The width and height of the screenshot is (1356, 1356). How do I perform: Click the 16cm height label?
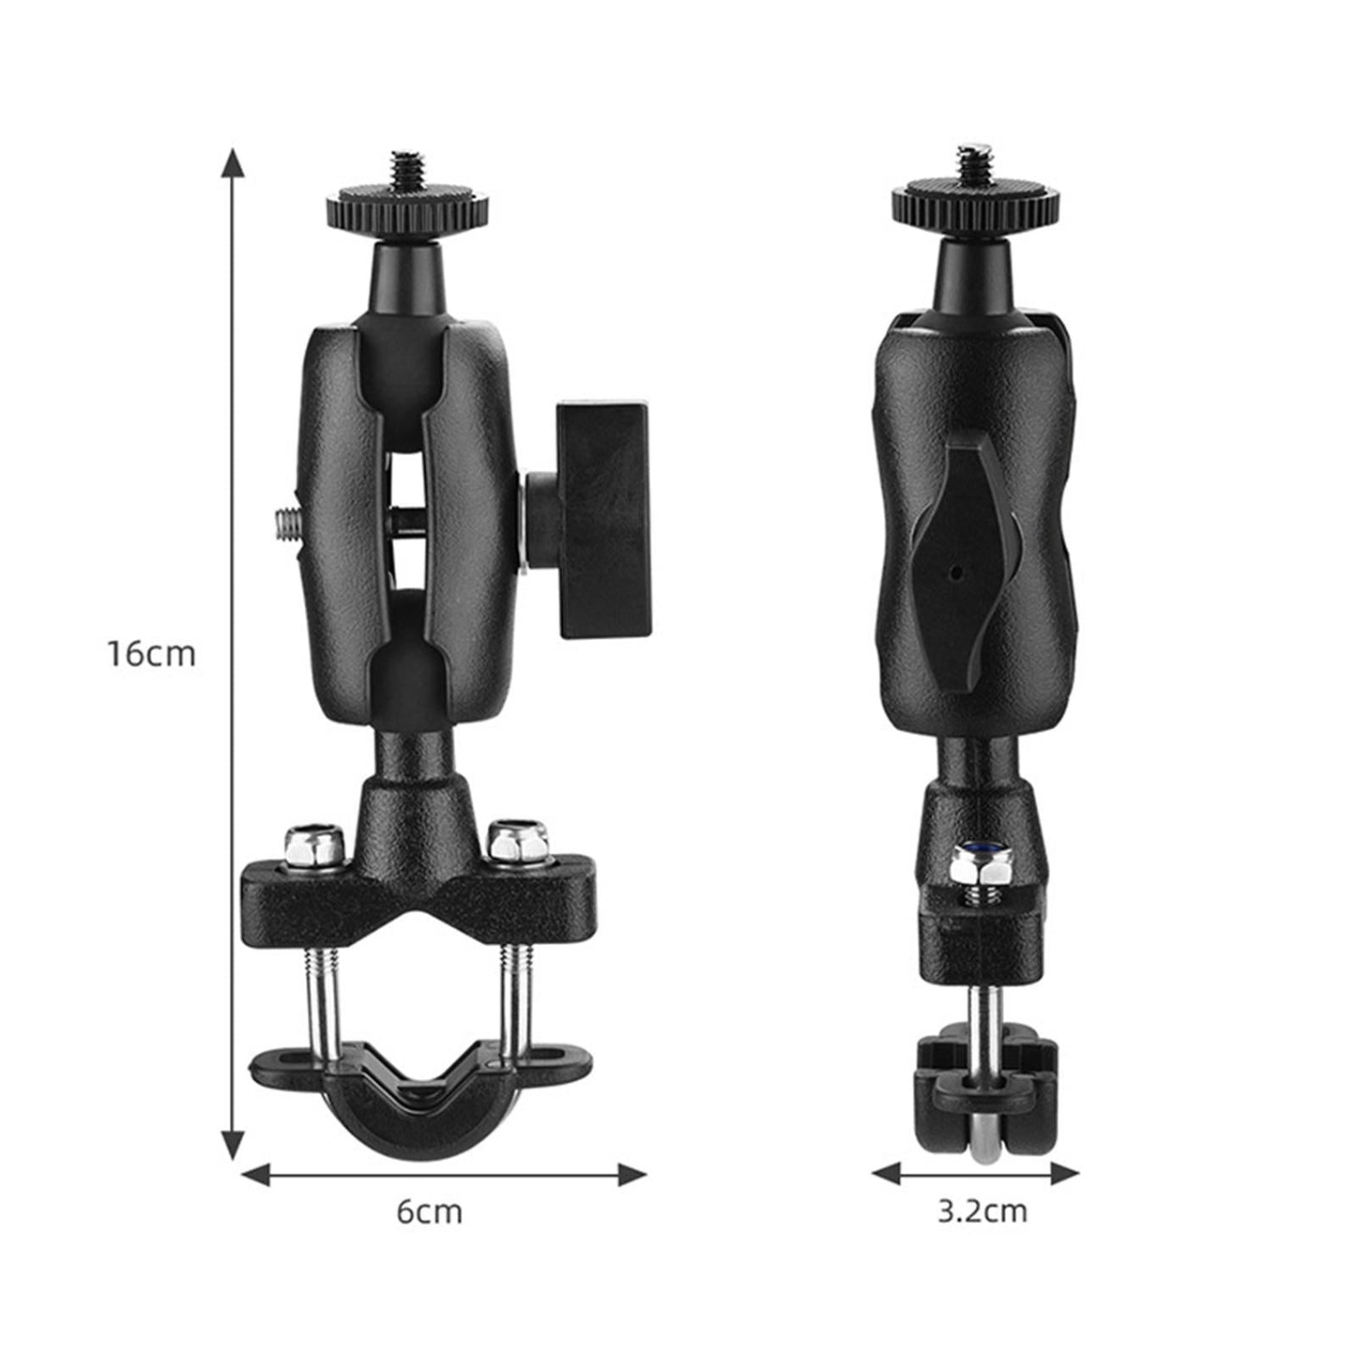point(150,653)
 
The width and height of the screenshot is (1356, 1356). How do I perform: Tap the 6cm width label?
point(429,1211)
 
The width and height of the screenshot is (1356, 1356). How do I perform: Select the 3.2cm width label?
point(982,1211)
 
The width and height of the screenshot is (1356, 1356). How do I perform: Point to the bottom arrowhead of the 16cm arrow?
point(233,1146)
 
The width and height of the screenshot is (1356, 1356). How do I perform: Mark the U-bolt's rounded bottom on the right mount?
point(983,1150)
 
